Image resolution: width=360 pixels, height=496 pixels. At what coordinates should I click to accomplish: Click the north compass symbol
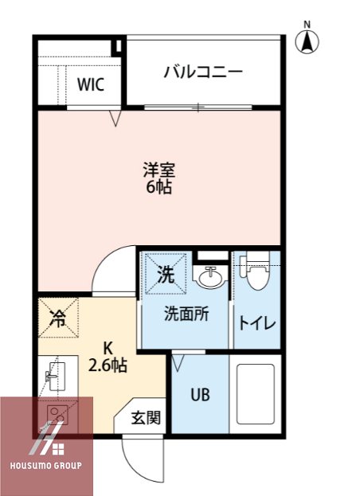[308, 40]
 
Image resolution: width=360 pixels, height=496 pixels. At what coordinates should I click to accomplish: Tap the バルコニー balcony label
[203, 72]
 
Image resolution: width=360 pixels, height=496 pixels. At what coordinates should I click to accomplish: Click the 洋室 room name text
[158, 170]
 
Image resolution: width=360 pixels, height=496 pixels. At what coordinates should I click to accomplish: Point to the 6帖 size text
[158, 188]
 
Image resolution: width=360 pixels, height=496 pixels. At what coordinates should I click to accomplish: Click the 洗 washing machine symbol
[165, 275]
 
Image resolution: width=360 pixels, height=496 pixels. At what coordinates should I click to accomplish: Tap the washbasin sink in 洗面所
[210, 278]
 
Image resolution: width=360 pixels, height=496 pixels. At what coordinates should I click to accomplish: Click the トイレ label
[256, 322]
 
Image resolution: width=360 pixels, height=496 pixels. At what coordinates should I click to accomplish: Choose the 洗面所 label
[187, 314]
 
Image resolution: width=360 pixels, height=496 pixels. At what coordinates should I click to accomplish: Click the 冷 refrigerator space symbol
[57, 318]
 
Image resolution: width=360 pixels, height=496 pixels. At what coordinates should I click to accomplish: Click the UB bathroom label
[200, 394]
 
